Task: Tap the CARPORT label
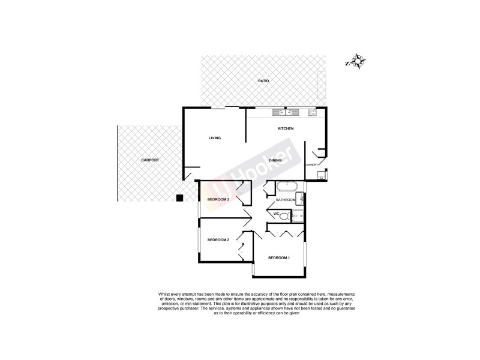pos(150,160)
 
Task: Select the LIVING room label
pos(215,138)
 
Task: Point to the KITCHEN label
pos(285,130)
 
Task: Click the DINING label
pos(276,160)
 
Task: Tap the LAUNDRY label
pos(311,164)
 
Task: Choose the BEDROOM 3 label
pos(218,199)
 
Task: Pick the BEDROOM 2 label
pos(218,240)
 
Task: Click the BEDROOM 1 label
pos(279,258)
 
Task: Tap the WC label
pos(276,213)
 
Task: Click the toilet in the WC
pos(286,216)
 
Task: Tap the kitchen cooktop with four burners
pos(313,112)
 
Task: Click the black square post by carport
pos(179,198)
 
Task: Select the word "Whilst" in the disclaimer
pos(166,294)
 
